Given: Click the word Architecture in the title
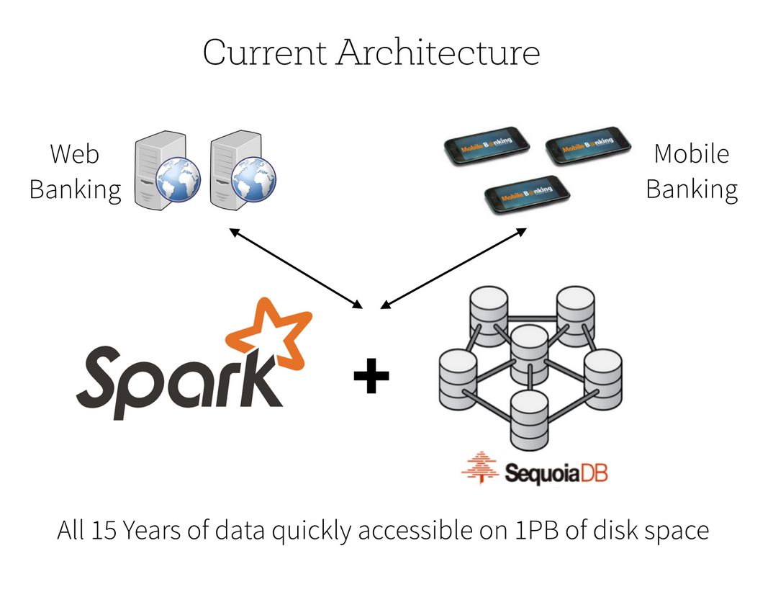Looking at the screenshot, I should click(x=438, y=53).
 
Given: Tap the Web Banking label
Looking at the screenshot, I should click(x=75, y=171).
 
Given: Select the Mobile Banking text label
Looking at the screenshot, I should click(x=691, y=171).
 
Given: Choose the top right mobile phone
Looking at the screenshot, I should click(x=587, y=145).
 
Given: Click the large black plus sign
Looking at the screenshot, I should click(x=371, y=377).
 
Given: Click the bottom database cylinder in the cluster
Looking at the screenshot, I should click(x=529, y=418).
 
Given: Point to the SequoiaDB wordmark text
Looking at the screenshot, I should click(x=556, y=473).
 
